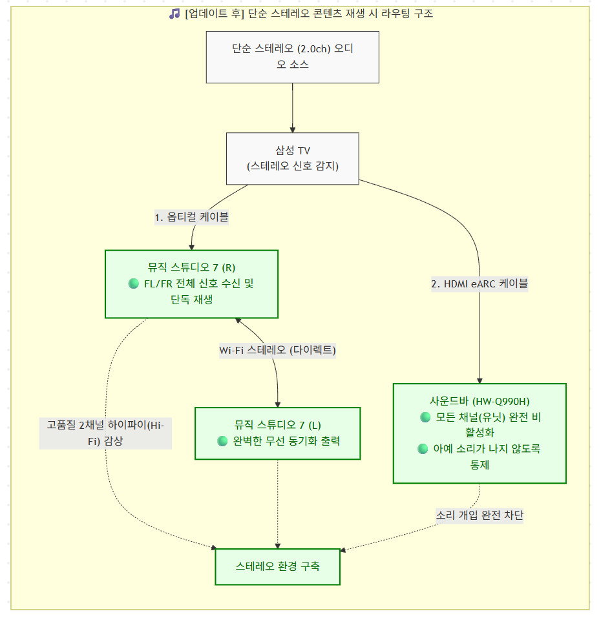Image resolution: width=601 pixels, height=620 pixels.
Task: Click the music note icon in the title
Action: [174, 14]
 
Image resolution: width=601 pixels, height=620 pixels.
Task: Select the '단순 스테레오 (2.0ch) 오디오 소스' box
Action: [292, 57]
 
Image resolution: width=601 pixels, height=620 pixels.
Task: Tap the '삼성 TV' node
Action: [292, 159]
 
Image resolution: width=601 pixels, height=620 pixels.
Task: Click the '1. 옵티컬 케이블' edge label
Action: [191, 217]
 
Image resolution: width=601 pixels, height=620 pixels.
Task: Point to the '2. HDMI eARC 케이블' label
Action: [480, 284]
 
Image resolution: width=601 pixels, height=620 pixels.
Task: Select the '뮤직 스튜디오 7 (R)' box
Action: [191, 284]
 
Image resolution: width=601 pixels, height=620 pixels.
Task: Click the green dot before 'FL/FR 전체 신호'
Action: [134, 284]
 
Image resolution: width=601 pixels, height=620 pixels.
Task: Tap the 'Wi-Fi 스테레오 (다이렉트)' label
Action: [277, 350]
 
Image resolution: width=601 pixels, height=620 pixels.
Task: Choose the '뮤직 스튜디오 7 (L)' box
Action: [277, 433]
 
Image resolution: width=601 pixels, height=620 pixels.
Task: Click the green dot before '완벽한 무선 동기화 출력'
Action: [222, 441]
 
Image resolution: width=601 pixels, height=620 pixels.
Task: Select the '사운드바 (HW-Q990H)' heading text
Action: [480, 401]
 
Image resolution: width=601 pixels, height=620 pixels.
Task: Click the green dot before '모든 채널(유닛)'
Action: [425, 417]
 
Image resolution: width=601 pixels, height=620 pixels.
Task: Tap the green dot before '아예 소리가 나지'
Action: [423, 449]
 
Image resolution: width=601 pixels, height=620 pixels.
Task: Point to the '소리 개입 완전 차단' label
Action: [480, 515]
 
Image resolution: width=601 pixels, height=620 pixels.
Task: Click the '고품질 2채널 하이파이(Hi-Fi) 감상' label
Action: [105, 433]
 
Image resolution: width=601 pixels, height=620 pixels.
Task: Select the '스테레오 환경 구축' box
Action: [277, 566]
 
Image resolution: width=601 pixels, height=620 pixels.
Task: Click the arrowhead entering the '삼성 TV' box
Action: [292, 130]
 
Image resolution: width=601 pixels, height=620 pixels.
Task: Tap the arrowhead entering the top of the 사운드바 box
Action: [480, 381]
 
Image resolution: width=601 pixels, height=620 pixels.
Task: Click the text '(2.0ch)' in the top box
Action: [314, 49]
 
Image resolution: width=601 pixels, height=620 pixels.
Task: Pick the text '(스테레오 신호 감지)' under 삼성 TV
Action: [293, 166]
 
